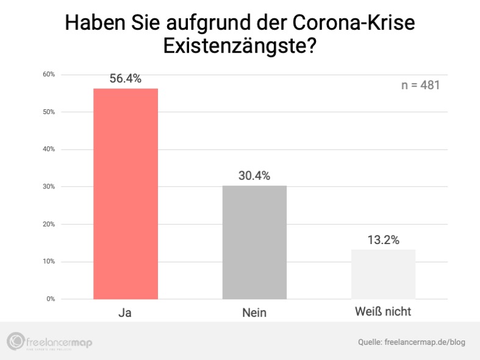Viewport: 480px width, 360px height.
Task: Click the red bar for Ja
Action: pyautogui.click(x=126, y=193)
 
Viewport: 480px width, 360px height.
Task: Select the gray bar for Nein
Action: pyautogui.click(x=254, y=242)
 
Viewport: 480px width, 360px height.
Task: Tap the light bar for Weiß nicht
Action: pyautogui.click(x=383, y=274)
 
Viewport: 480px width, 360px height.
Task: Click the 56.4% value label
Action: pyautogui.click(x=126, y=79)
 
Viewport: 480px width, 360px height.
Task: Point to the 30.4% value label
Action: pyautogui.click(x=254, y=176)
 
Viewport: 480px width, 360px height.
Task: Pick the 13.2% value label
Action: pyautogui.click(x=383, y=240)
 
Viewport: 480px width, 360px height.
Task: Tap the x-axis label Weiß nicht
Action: pyautogui.click(x=383, y=312)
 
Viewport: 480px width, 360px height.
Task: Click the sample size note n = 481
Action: pyautogui.click(x=420, y=85)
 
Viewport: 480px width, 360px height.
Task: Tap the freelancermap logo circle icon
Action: pyautogui.click(x=15, y=342)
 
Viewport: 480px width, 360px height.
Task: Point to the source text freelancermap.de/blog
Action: pyautogui.click(x=425, y=342)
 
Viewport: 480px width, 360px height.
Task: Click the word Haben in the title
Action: pyautogui.click(x=92, y=23)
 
